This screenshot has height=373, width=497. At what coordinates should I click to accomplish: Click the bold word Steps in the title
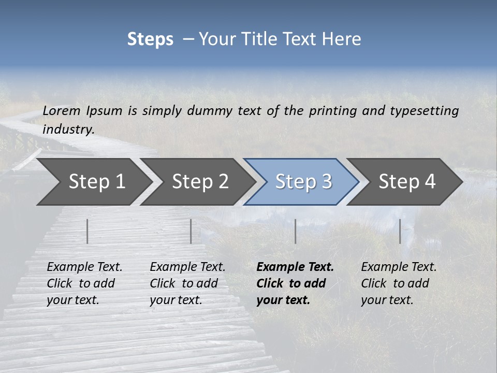tap(150, 39)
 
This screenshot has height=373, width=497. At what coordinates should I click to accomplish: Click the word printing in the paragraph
tap(331, 111)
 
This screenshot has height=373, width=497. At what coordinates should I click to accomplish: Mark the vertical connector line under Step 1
tap(87, 231)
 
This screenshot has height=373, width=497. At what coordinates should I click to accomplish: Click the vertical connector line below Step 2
tap(191, 231)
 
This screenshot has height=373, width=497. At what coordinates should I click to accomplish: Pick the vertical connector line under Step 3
tap(295, 231)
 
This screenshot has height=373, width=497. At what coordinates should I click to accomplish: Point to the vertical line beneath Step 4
tap(400, 231)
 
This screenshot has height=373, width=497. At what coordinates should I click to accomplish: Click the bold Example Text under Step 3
tap(295, 267)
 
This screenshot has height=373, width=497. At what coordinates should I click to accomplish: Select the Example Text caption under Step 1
tap(84, 267)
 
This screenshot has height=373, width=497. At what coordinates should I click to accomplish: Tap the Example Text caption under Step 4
tap(399, 267)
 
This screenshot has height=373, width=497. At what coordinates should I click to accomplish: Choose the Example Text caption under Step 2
tap(187, 267)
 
